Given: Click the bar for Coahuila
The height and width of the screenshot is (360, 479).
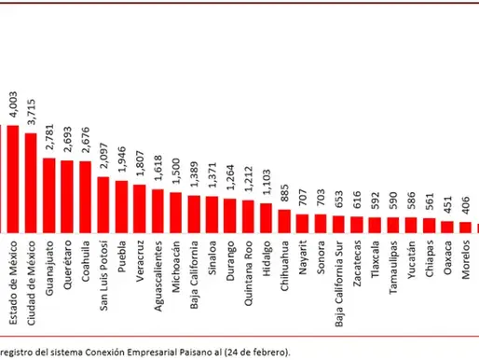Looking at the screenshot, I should [x=85, y=196].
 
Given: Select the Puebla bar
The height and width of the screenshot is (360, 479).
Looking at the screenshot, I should [x=121, y=205].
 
